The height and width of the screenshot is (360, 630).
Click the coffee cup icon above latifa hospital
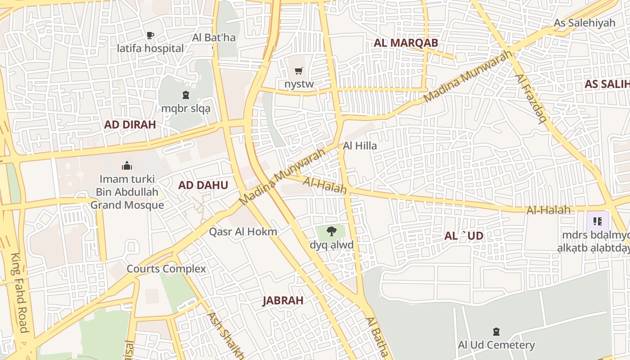[150, 35]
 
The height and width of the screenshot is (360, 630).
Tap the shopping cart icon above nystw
[298, 71]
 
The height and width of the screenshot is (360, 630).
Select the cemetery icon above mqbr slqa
[185, 95]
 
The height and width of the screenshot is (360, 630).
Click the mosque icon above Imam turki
[127, 166]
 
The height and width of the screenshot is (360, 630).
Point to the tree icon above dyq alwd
[332, 231]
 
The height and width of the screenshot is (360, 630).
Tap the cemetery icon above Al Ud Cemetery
[496, 332]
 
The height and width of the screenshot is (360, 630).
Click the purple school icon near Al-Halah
[598, 221]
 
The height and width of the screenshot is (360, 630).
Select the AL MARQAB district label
[406, 43]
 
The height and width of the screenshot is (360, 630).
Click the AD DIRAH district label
[130, 125]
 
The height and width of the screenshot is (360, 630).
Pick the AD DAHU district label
[203, 185]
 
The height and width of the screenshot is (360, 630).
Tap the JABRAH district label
[283, 301]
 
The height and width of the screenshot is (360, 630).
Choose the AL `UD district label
[463, 236]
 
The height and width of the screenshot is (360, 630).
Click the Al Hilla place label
[360, 146]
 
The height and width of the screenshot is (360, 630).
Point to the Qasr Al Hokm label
[243, 232]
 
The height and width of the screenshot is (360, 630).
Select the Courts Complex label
[166, 269]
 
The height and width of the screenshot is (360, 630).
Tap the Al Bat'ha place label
[214, 37]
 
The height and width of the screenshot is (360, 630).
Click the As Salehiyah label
[584, 22]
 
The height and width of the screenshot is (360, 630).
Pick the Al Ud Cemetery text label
[496, 345]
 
